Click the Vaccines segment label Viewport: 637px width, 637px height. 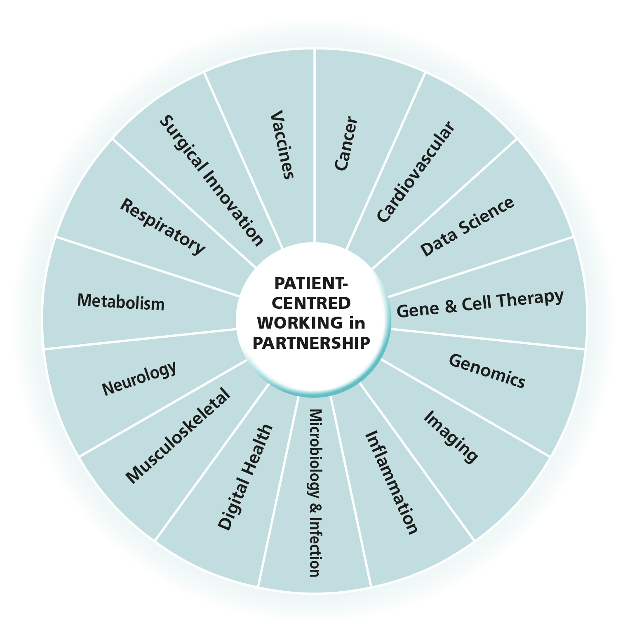click(282, 144)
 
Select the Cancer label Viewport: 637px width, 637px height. click(346, 143)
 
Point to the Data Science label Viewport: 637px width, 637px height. click(467, 227)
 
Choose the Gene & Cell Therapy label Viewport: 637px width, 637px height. click(480, 304)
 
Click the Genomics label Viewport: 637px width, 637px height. click(487, 371)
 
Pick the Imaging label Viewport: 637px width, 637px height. click(451, 436)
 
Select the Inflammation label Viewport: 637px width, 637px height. click(391, 482)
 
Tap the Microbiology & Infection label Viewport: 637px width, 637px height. click(315, 493)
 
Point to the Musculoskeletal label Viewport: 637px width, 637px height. click(178, 436)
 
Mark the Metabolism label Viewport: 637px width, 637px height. click(121, 302)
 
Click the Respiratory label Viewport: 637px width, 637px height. click(162, 226)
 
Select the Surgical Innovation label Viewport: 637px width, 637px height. click(211, 180)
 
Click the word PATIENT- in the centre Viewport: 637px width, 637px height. click(311, 284)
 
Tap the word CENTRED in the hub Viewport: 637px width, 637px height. click(311, 303)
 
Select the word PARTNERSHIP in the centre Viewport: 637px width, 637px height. click(311, 342)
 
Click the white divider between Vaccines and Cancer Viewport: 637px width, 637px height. click(315, 144)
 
